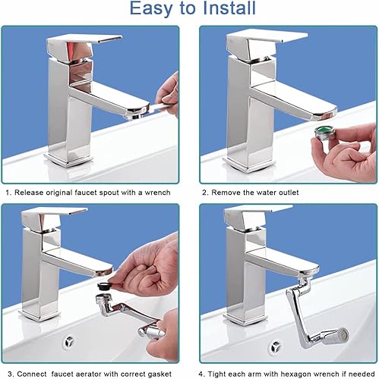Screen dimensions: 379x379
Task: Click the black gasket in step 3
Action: click(x=105, y=287)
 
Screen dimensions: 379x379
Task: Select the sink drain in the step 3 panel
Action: click(x=68, y=342)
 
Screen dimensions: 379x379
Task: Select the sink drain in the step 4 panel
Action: click(x=275, y=346)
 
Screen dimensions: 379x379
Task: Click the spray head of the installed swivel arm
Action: click(x=340, y=336)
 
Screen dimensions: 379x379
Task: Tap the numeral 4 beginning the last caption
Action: click(x=201, y=374)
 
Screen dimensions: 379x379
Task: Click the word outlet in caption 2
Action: click(x=289, y=193)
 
